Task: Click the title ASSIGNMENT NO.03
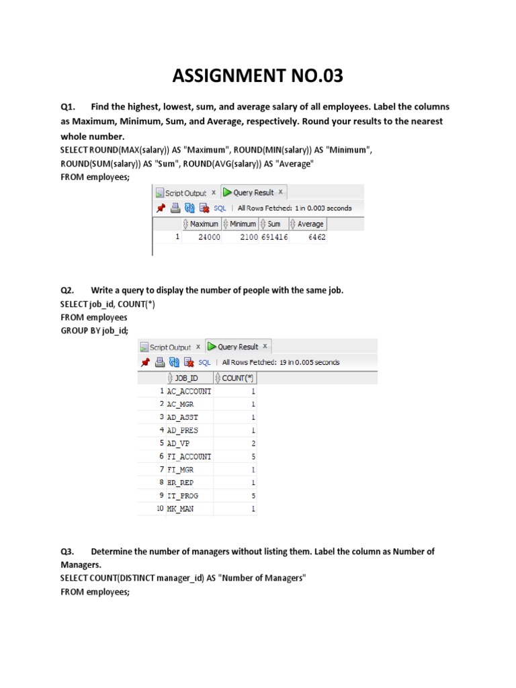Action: point(257,76)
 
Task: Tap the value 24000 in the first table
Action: point(207,237)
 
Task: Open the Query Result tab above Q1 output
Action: point(249,193)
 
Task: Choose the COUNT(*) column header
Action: point(234,378)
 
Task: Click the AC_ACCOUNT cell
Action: point(189,391)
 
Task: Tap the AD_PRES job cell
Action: point(182,430)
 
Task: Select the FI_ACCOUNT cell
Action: point(189,456)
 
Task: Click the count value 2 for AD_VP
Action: point(253,443)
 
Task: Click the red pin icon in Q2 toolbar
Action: point(144,362)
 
